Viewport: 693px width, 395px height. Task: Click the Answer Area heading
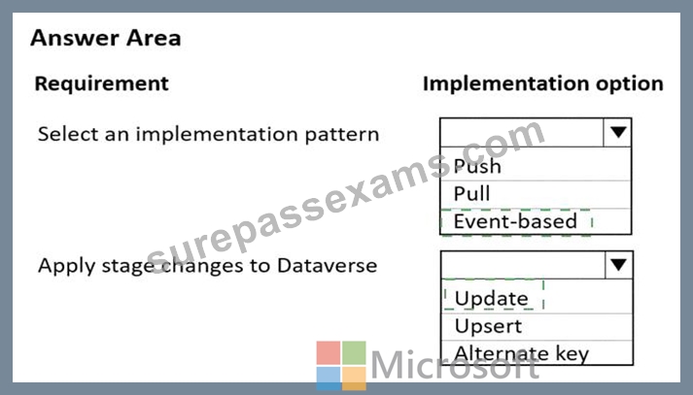pyautogui.click(x=106, y=38)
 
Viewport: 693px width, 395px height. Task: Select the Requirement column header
pyautogui.click(x=102, y=83)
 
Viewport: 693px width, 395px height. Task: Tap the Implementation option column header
pyautogui.click(x=543, y=83)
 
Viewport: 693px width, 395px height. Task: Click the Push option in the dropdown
pyautogui.click(x=477, y=166)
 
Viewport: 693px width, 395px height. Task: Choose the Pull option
pyautogui.click(x=471, y=193)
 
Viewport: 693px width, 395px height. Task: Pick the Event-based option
pyautogui.click(x=515, y=221)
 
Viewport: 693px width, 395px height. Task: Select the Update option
pyautogui.click(x=492, y=298)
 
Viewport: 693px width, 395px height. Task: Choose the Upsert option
pyautogui.click(x=488, y=326)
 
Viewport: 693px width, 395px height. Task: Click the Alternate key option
pyautogui.click(x=522, y=353)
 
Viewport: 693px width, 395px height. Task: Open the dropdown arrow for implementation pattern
pyautogui.click(x=618, y=132)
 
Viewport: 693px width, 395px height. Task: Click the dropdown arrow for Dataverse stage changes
pyautogui.click(x=618, y=265)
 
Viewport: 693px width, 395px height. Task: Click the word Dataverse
pyautogui.click(x=327, y=266)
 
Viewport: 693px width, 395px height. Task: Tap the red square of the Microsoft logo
pyautogui.click(x=329, y=352)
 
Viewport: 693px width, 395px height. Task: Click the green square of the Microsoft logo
pyautogui.click(x=354, y=352)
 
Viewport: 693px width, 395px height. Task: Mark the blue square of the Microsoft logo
pyautogui.click(x=329, y=379)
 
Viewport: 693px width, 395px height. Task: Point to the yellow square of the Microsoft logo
pyautogui.click(x=354, y=379)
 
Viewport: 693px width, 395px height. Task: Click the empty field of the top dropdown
pyautogui.click(x=522, y=132)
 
